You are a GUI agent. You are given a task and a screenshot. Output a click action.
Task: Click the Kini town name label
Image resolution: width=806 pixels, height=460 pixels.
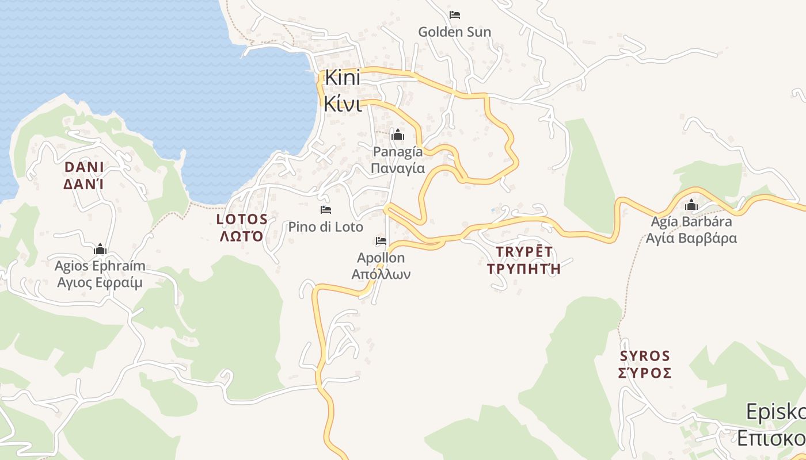[x=343, y=77]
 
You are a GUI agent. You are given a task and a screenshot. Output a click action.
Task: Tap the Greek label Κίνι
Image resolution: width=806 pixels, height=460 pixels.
[x=342, y=103]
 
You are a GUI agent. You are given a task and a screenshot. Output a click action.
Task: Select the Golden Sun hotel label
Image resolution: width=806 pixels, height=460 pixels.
[x=454, y=32]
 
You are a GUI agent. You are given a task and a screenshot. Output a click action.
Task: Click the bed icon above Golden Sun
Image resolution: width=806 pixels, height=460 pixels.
[x=455, y=15]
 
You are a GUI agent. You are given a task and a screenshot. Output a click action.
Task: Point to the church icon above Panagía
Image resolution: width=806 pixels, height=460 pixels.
[x=397, y=135]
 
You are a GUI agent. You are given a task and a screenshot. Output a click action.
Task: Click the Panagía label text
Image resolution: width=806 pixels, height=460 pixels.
[x=398, y=152]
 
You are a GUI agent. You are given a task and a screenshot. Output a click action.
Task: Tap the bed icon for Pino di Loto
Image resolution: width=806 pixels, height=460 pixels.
[x=326, y=210]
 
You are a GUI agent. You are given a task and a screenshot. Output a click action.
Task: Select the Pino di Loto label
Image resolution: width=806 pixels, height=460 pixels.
[x=326, y=227]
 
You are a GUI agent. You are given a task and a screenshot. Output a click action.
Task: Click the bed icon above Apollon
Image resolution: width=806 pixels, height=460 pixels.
[x=381, y=241]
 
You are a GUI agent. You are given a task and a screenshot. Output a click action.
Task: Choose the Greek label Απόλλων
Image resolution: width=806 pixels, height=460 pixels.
[x=381, y=274]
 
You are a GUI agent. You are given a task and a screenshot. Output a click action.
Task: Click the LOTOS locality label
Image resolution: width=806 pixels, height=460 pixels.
[x=242, y=219]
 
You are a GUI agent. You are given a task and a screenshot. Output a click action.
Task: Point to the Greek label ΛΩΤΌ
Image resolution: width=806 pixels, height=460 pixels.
[x=242, y=236]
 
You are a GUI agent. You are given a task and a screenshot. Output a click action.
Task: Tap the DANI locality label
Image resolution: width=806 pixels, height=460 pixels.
[x=84, y=167]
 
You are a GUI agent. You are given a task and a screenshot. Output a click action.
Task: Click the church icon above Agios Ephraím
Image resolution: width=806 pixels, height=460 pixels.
[x=100, y=250]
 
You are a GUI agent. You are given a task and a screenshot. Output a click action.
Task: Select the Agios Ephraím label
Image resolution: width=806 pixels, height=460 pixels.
[x=100, y=266]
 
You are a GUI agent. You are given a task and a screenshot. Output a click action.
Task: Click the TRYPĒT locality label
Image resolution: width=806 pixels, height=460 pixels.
[x=524, y=251]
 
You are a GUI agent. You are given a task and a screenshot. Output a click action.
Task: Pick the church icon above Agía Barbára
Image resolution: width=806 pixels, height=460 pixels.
[x=691, y=205]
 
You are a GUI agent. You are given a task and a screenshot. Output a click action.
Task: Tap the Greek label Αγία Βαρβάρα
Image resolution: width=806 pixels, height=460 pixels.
[x=691, y=238]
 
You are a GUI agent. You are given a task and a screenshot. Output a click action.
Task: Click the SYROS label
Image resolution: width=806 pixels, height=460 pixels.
[x=645, y=356]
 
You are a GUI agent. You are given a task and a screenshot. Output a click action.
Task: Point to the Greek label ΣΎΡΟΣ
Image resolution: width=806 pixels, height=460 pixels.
[x=645, y=373]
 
